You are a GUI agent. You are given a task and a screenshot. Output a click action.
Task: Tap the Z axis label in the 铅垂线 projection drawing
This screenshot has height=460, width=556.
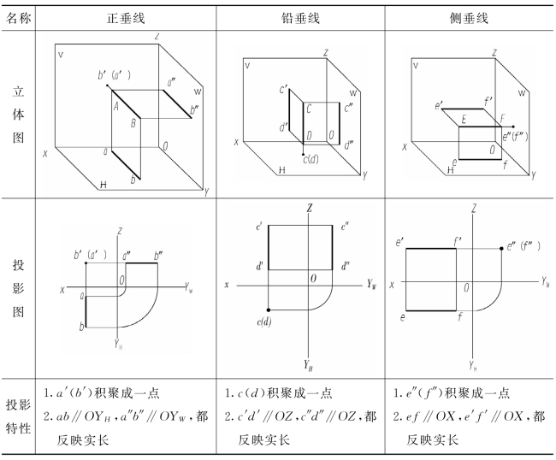tap(310, 208)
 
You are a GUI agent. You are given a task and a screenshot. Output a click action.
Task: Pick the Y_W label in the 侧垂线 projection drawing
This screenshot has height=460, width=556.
tap(545, 280)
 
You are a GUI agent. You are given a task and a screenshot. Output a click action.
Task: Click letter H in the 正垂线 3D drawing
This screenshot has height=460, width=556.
tap(104, 185)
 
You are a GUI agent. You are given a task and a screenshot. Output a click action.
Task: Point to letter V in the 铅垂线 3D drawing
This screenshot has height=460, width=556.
tap(247, 65)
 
